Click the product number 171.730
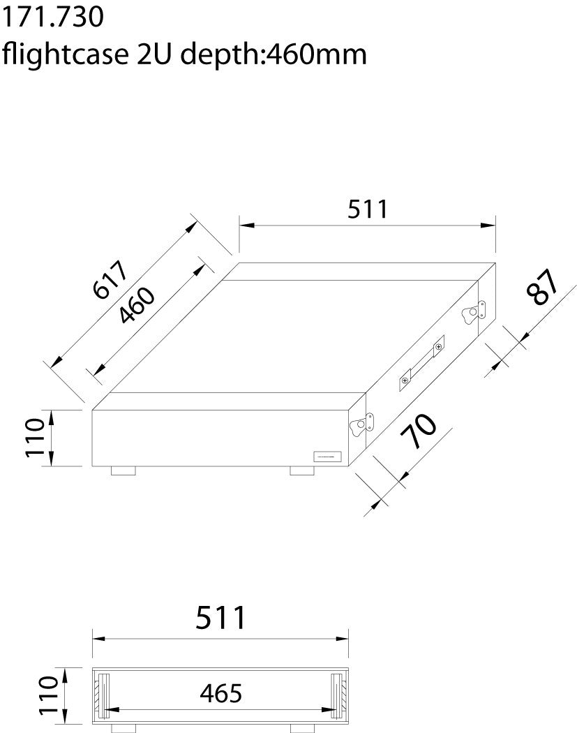pos(53,17)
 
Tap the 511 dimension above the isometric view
pos(368,209)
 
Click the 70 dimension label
pos(418,434)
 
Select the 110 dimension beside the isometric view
pos(36,438)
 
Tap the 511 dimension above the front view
pos(221,618)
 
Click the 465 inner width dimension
pos(221,693)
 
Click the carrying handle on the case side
pos(421,361)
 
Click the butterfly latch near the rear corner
pos(474,311)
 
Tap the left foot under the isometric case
pos(123,471)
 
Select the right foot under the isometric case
pos(303,471)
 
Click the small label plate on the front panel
pos(326,457)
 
